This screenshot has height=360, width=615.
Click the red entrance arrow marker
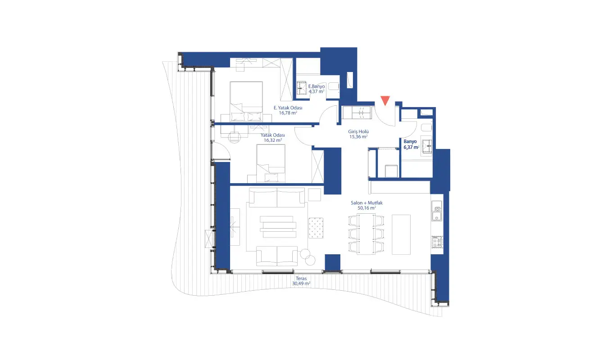tap(385, 100)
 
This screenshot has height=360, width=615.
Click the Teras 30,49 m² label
tap(301, 281)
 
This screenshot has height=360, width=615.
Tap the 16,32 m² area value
tap(273, 140)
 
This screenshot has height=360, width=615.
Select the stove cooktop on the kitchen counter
tap(437, 242)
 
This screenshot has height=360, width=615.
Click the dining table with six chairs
tap(366, 234)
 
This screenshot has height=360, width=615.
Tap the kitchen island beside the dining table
tap(401, 234)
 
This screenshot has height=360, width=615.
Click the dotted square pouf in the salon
tap(316, 228)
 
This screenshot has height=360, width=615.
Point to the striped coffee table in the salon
tap(278, 227)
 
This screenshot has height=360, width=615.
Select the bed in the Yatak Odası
tap(271, 163)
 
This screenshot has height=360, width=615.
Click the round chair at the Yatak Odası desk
tap(234, 137)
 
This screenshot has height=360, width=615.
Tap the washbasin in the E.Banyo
tap(302, 88)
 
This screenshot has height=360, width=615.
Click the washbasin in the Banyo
tap(427, 146)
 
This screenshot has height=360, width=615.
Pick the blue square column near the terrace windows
tap(332, 262)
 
